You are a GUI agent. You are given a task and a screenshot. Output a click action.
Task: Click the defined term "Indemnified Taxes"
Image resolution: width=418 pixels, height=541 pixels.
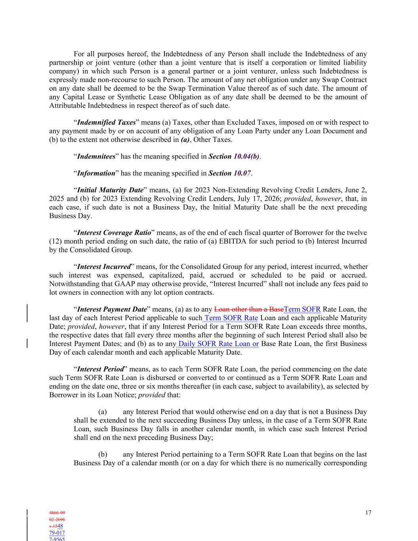(106, 122)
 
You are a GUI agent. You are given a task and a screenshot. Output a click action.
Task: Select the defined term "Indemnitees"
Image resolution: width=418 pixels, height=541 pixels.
(96, 156)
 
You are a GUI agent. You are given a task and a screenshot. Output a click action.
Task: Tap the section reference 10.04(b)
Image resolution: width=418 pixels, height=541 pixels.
(246, 156)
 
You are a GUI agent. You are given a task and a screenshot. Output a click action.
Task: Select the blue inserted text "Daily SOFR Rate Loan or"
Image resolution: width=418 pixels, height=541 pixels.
(218, 344)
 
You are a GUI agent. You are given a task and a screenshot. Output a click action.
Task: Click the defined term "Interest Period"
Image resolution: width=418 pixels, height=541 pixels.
(100, 369)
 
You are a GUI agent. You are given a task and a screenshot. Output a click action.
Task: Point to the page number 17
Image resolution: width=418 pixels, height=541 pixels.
(368, 512)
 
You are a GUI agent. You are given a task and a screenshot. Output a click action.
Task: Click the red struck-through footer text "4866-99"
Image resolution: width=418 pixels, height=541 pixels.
(57, 512)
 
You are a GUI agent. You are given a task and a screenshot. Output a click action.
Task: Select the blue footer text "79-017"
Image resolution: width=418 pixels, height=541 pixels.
(57, 533)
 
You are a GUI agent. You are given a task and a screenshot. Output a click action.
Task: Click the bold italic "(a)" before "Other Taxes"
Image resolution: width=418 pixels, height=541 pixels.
(185, 140)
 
